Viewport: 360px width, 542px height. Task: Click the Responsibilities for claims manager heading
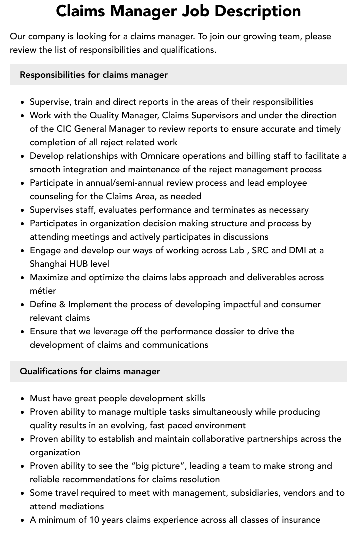[94, 75]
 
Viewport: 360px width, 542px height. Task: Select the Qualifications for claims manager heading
[90, 371]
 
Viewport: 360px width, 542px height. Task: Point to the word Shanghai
[48, 264]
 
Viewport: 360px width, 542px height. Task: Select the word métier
[43, 291]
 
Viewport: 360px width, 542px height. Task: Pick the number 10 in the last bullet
[95, 520]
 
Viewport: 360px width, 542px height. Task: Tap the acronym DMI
[298, 250]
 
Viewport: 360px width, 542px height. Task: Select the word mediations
[80, 506]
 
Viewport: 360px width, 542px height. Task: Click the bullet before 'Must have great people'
[23, 399]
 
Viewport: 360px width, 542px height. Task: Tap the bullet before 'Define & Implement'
[23, 305]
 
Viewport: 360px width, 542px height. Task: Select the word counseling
[51, 196]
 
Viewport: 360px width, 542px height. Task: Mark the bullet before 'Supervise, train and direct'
[23, 102]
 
